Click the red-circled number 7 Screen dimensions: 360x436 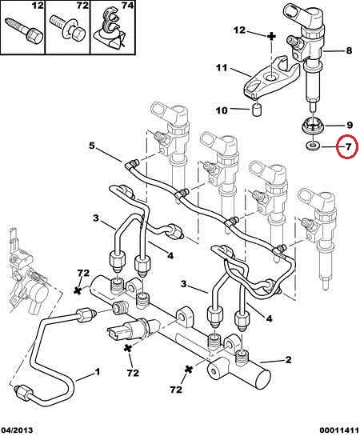click(348, 146)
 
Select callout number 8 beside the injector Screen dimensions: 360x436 click(349, 50)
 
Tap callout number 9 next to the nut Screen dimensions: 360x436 click(350, 126)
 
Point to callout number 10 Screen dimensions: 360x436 click(222, 110)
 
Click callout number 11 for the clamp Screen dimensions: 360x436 click(222, 68)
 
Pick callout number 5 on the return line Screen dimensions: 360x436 click(92, 146)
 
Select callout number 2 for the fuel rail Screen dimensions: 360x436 click(288, 359)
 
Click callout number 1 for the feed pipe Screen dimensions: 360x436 click(97, 371)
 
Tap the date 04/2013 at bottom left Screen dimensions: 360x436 click(17, 430)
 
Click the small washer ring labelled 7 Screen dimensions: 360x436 click(313, 145)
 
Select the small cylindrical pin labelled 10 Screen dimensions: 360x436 click(256, 110)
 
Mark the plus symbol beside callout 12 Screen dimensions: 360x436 click(271, 36)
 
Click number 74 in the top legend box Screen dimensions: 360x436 click(127, 6)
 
